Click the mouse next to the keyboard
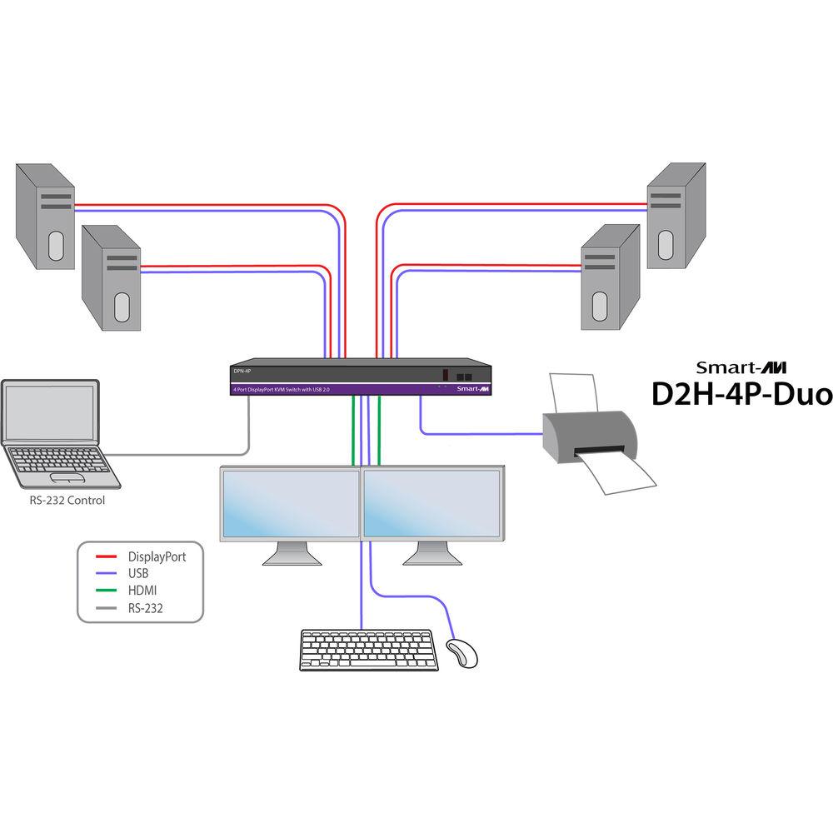462,653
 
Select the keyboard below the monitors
366,650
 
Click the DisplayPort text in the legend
157,556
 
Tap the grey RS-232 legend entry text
146,609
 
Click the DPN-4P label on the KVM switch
242,372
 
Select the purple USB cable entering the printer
483,433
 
